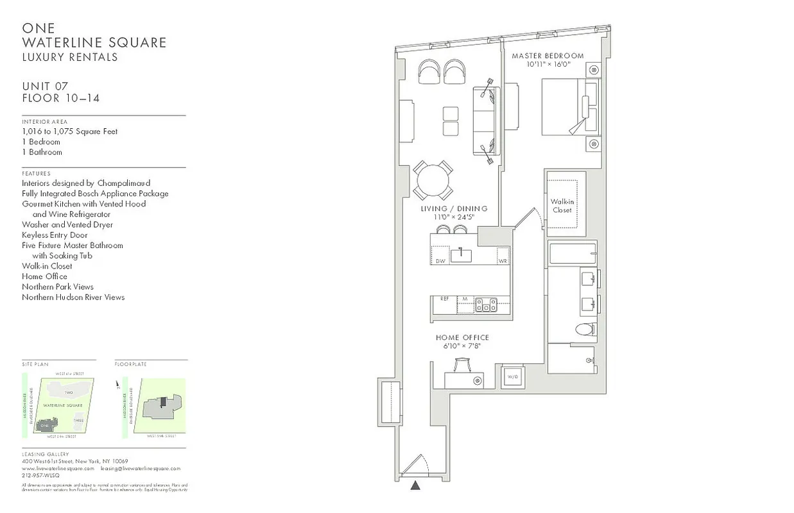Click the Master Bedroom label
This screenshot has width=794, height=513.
point(548,56)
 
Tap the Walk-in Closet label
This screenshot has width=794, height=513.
point(562,206)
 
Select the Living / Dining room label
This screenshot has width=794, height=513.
point(454,209)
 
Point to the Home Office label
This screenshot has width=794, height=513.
point(462,338)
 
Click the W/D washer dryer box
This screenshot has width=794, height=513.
point(513,376)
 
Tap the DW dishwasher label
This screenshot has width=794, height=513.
point(440,261)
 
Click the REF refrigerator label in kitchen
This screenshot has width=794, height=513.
point(444,299)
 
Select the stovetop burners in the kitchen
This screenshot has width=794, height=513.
point(486,304)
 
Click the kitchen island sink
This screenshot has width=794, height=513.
point(460,256)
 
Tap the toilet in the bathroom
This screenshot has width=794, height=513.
point(585,330)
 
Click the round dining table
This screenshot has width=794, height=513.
point(433,181)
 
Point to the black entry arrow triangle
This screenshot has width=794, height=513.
point(416,485)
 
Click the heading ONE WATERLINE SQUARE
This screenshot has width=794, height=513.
point(94,36)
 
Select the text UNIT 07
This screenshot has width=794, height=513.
point(45,87)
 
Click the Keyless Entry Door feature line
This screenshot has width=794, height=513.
point(55,235)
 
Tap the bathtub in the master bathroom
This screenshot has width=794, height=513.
point(573,253)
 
